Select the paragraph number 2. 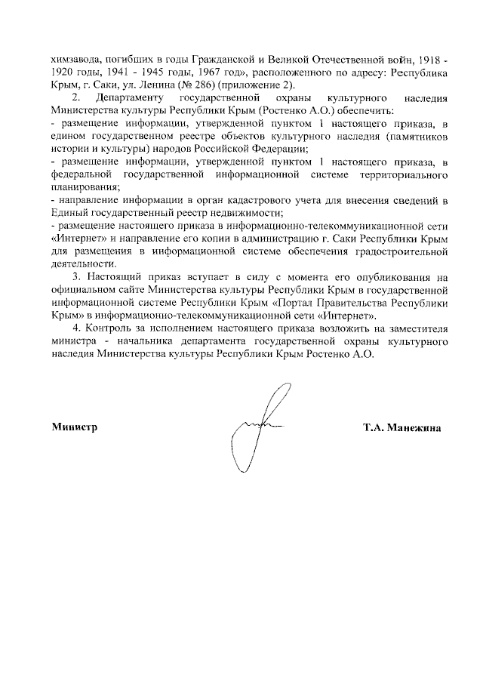click(75, 98)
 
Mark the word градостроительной click(399, 251)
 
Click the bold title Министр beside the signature click(75, 427)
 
